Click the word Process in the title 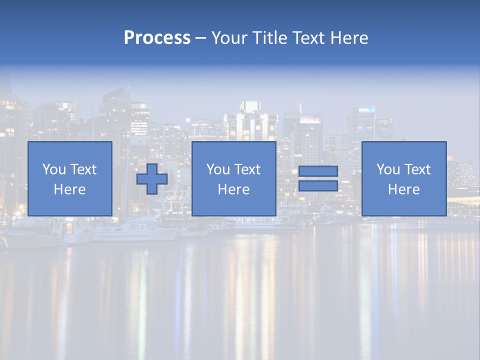tap(157, 38)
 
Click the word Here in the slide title tap(350, 38)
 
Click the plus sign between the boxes tap(152, 179)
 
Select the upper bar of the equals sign tap(318, 171)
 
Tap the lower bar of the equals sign tap(318, 186)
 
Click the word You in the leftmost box tap(54, 169)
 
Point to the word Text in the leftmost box tap(83, 169)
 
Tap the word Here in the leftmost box tap(69, 189)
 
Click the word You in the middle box tap(218, 169)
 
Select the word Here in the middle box tap(233, 189)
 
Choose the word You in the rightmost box tap(388, 169)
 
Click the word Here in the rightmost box tap(403, 189)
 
